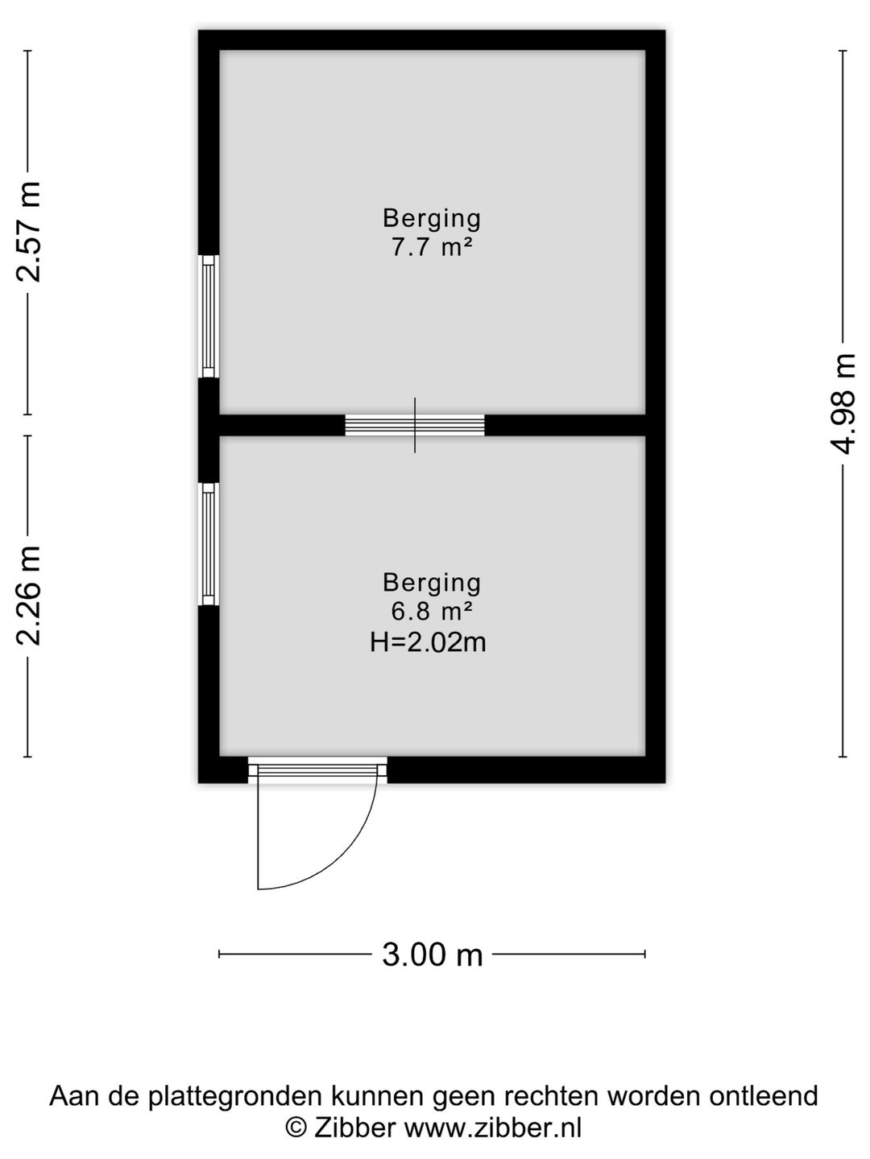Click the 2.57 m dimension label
(29, 232)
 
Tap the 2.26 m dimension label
(29, 596)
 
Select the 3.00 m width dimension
(432, 955)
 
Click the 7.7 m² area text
(432, 247)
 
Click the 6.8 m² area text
(432, 612)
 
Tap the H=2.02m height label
(428, 642)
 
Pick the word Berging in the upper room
(432, 218)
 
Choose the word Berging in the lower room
(432, 582)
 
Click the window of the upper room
(209, 316)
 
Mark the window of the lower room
(209, 543)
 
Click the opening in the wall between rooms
(415, 425)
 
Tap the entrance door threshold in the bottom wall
(317, 770)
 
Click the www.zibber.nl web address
(492, 1128)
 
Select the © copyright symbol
(296, 1128)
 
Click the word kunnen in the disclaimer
(378, 1096)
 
